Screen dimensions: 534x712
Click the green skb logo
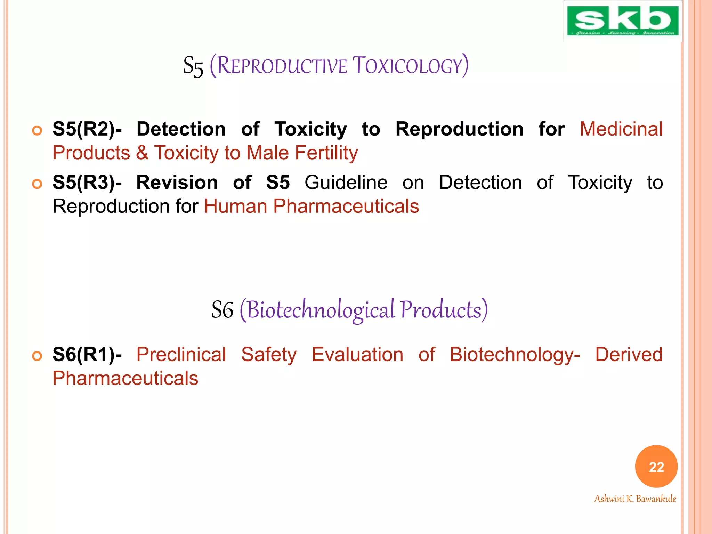coord(622,21)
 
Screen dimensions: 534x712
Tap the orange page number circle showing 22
coord(656,467)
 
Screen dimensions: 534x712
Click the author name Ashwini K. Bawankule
coord(635,499)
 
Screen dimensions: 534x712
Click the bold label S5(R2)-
coord(87,129)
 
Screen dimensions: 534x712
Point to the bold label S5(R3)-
coord(87,183)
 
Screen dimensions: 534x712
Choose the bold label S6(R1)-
coord(87,355)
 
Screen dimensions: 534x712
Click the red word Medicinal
coord(621,129)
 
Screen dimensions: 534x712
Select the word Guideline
coord(346,183)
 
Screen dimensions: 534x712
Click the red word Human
coord(235,207)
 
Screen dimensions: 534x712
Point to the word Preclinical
coord(181,355)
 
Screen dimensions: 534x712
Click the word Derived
coord(629,355)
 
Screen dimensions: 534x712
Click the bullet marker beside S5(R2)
coord(37,131)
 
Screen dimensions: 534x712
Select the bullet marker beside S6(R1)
coord(37,356)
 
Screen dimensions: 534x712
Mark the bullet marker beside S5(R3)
coord(37,184)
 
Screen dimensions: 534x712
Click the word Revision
coord(177,183)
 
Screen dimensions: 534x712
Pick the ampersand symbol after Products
coord(142,153)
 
